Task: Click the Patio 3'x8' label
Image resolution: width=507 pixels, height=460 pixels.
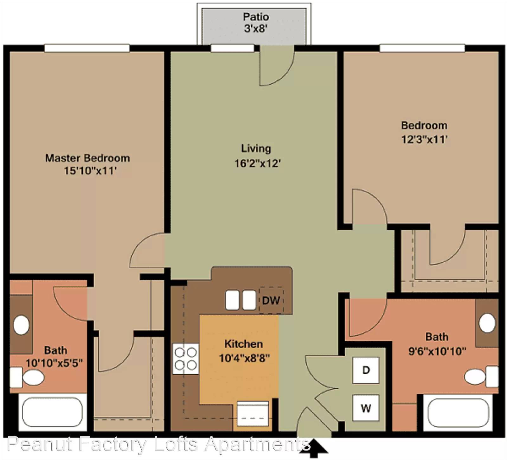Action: pyautogui.click(x=256, y=23)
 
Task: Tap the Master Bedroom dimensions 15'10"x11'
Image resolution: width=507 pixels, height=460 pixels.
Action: pyautogui.click(x=90, y=171)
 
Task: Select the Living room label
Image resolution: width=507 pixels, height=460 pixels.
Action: pyautogui.click(x=256, y=148)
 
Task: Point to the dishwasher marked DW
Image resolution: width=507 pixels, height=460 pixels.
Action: pyautogui.click(x=271, y=300)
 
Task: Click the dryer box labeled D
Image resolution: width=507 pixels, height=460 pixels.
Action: pyautogui.click(x=366, y=370)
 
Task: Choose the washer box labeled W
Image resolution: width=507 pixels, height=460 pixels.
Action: pyautogui.click(x=366, y=408)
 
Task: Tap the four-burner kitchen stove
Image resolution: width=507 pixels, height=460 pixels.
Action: pyautogui.click(x=186, y=358)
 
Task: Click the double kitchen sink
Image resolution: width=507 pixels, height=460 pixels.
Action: pyautogui.click(x=241, y=300)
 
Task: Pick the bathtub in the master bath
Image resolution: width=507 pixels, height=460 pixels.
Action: pyautogui.click(x=53, y=412)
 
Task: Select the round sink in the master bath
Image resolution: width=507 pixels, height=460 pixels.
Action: pyautogui.click(x=21, y=325)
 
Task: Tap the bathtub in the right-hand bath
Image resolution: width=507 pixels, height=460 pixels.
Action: pyautogui.click(x=459, y=413)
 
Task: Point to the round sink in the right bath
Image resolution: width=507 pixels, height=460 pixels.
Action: pyautogui.click(x=487, y=323)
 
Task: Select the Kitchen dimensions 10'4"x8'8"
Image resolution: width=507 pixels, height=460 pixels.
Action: pyautogui.click(x=244, y=358)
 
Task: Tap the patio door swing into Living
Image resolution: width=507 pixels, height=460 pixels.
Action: pyautogui.click(x=277, y=66)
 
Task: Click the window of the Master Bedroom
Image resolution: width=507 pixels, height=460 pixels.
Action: pyautogui.click(x=87, y=48)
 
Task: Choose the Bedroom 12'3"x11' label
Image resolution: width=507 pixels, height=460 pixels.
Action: pyautogui.click(x=424, y=132)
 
